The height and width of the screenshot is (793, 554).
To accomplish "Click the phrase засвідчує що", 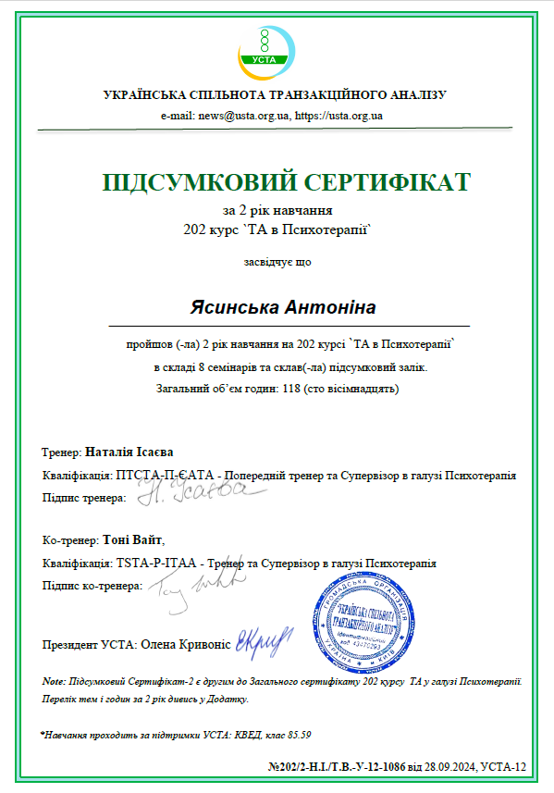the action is (x=277, y=261).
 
